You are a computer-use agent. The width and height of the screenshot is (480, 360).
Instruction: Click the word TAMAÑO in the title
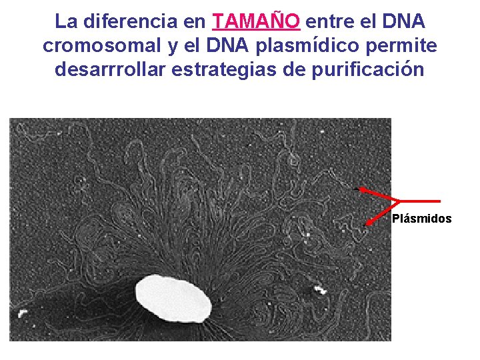click(257, 21)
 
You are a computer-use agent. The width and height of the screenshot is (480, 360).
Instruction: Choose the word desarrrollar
click(109, 69)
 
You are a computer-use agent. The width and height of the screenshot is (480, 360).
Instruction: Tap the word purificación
click(367, 69)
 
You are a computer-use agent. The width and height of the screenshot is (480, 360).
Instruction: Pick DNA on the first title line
click(403, 21)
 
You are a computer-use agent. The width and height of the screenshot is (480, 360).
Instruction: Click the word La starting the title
click(66, 21)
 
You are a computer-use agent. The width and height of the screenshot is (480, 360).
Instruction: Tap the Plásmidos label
click(421, 219)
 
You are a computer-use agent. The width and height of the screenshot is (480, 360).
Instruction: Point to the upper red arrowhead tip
click(361, 189)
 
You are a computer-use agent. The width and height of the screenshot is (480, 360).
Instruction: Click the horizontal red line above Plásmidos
click(420, 201)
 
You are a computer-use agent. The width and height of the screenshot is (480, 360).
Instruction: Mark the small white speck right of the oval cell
click(320, 290)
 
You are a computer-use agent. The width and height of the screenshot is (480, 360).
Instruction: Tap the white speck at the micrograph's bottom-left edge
click(21, 313)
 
